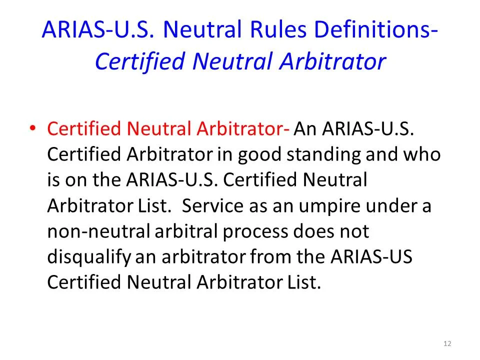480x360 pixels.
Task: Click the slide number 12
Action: (447, 343)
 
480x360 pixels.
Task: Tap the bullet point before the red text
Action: (32, 129)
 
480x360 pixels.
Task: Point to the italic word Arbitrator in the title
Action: (332, 62)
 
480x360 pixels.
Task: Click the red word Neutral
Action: (159, 129)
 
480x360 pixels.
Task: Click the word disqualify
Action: (89, 257)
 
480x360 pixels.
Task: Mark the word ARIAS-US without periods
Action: (372, 257)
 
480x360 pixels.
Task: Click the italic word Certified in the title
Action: (140, 62)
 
